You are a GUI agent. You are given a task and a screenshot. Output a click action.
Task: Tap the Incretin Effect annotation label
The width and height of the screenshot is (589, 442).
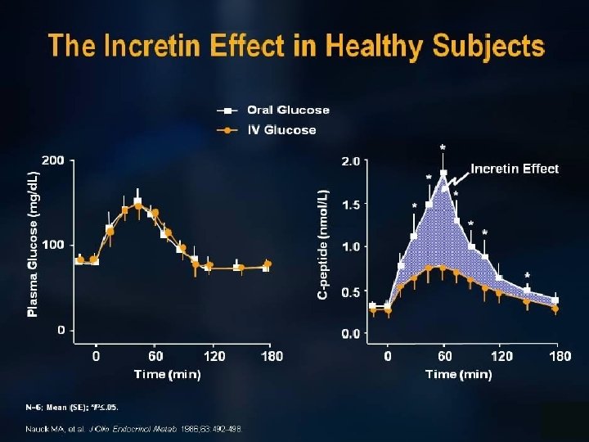click(x=515, y=169)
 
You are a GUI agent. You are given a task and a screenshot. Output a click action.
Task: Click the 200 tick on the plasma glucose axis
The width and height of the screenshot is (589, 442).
click(x=52, y=160)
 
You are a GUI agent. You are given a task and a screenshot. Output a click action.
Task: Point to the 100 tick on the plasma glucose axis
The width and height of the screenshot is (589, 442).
click(x=52, y=245)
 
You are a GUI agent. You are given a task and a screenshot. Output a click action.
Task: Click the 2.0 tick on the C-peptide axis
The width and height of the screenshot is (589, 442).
click(x=350, y=161)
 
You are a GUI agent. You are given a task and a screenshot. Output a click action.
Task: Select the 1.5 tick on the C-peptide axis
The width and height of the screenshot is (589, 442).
click(x=350, y=205)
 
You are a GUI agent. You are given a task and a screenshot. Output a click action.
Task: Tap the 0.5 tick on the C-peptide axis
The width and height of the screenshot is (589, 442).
click(x=350, y=292)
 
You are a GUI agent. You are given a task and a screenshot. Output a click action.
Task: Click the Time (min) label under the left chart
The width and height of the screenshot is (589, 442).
click(x=167, y=374)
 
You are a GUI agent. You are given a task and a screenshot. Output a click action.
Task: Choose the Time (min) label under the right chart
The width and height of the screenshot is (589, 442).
click(x=458, y=374)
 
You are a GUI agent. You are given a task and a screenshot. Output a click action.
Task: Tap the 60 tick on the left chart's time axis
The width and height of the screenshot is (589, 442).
click(x=155, y=356)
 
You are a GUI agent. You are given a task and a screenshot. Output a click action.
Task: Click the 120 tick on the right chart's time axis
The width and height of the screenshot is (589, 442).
click(x=501, y=356)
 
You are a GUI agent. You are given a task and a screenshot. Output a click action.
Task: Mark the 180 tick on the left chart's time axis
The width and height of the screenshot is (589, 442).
click(x=271, y=356)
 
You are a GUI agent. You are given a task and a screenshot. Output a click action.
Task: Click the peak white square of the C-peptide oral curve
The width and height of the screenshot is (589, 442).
click(x=443, y=174)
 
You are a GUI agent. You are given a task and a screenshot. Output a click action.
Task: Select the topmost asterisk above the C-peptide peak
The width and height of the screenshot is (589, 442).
click(x=443, y=148)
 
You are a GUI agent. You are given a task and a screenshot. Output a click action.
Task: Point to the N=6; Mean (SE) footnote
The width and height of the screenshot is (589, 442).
click(x=78, y=407)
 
